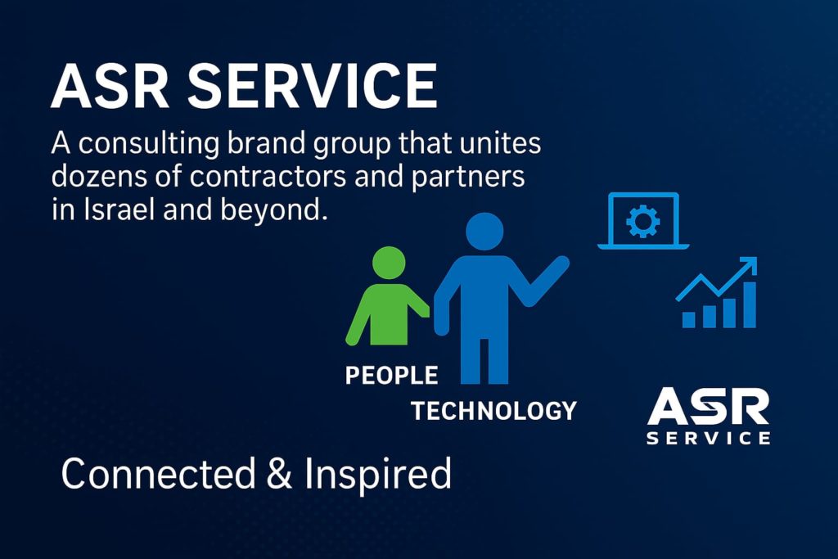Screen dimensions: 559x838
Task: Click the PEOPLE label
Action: click(x=391, y=376)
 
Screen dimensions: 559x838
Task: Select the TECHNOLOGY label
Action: click(x=493, y=410)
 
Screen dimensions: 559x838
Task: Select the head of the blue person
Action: click(x=484, y=232)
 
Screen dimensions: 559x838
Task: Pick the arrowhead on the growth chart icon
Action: click(x=746, y=268)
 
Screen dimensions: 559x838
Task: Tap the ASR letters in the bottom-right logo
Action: click(x=708, y=406)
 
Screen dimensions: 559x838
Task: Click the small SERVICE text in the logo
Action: click(x=708, y=438)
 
